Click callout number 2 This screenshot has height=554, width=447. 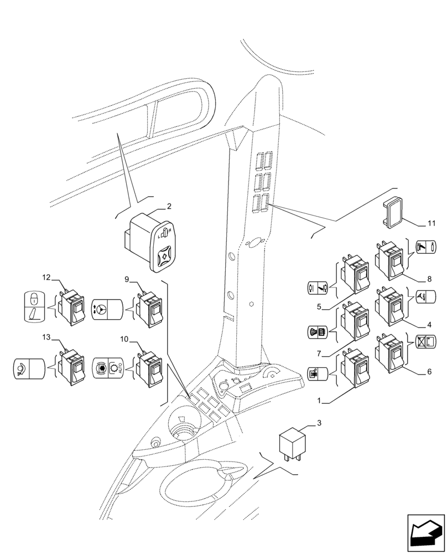point(169,206)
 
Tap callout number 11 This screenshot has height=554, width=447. point(432,224)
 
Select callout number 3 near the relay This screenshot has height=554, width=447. point(319,424)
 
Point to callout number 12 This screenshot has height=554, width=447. point(46,277)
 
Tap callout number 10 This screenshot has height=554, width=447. point(125,338)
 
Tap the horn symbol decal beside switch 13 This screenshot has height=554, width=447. point(28,368)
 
